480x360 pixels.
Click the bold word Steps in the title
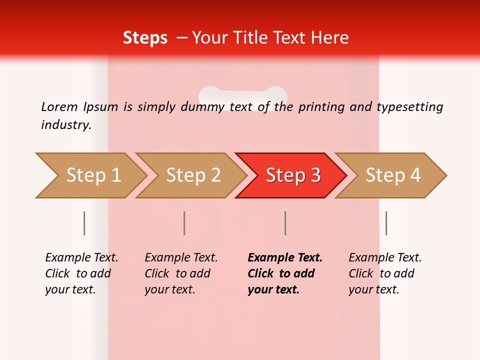pos(145,38)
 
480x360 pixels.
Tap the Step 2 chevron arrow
pos(192,175)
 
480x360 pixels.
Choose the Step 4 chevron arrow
pos(392,175)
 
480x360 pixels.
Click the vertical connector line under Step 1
pos(84,223)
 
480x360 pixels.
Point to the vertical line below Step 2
pos(184,223)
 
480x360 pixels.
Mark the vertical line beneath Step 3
pos(285,223)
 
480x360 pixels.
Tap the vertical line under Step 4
pos(386,223)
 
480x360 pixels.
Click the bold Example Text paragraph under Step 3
pos(285,273)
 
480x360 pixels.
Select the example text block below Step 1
pos(81,273)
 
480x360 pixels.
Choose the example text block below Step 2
pos(181,273)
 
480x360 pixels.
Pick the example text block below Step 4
pos(385,273)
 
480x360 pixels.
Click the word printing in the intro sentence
pos(321,107)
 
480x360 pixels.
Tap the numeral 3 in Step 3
pos(315,175)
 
